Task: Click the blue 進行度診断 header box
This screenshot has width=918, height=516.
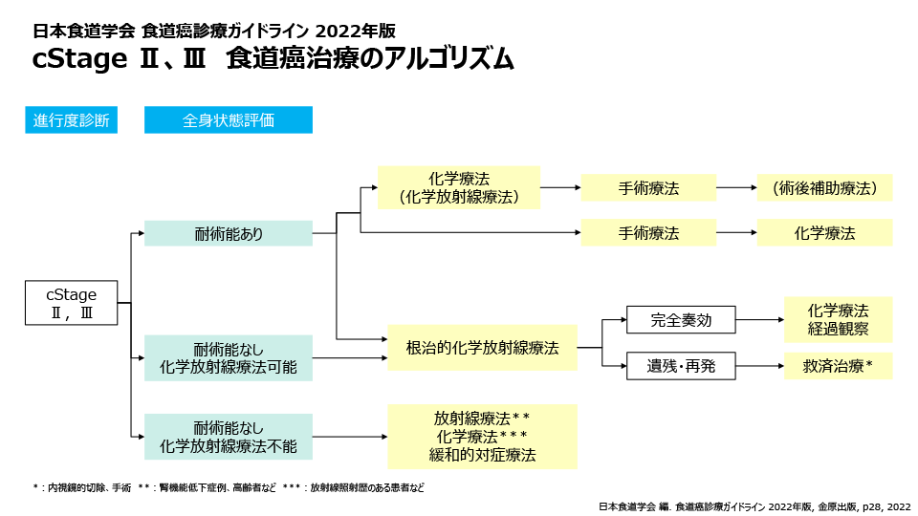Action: tap(71, 120)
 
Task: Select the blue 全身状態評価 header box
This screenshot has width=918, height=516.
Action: tap(228, 120)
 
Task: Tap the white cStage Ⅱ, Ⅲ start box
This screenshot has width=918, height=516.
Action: tap(72, 303)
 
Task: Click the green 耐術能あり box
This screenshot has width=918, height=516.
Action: tap(228, 233)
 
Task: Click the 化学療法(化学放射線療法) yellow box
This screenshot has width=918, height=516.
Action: tap(458, 187)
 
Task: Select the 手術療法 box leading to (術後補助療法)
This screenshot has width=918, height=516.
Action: tap(648, 188)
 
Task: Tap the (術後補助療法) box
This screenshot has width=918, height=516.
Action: tap(824, 188)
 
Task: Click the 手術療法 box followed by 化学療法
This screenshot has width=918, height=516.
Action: tap(648, 233)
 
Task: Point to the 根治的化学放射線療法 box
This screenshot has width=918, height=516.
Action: tap(482, 348)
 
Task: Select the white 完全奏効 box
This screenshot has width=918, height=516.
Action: tap(681, 320)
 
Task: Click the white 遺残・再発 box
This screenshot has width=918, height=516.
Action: tap(681, 366)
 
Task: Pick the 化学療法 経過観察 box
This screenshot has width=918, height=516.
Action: tap(838, 320)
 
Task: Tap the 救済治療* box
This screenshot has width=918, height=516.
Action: tap(838, 366)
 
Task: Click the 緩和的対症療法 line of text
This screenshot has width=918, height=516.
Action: tap(482, 456)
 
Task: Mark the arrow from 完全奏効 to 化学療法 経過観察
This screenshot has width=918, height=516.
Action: tap(759, 320)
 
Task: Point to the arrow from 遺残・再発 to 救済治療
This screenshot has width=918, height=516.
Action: tap(759, 366)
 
